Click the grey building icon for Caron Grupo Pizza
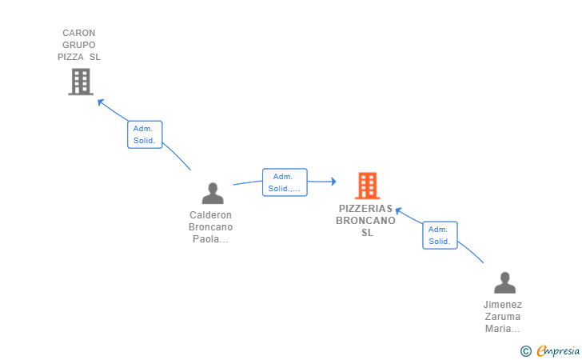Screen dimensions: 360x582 point(81,82)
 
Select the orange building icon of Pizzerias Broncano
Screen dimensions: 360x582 point(367,186)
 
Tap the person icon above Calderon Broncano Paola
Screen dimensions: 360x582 point(213,194)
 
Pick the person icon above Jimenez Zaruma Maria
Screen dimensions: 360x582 point(504,283)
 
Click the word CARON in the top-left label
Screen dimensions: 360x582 point(79,34)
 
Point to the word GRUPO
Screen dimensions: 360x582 point(79,46)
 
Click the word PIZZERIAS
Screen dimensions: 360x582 point(366,209)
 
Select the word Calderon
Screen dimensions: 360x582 point(211,215)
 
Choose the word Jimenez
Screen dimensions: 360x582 point(503,305)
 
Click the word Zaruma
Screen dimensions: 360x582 point(503,317)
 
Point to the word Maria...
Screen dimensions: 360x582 point(503,329)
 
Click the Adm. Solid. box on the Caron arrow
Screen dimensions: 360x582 point(145,134)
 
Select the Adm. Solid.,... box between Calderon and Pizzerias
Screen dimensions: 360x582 point(285,182)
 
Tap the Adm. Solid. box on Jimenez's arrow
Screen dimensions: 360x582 point(440,235)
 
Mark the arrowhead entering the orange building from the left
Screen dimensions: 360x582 point(333,182)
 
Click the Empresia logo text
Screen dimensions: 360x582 point(558,350)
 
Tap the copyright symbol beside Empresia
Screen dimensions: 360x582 point(525,350)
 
